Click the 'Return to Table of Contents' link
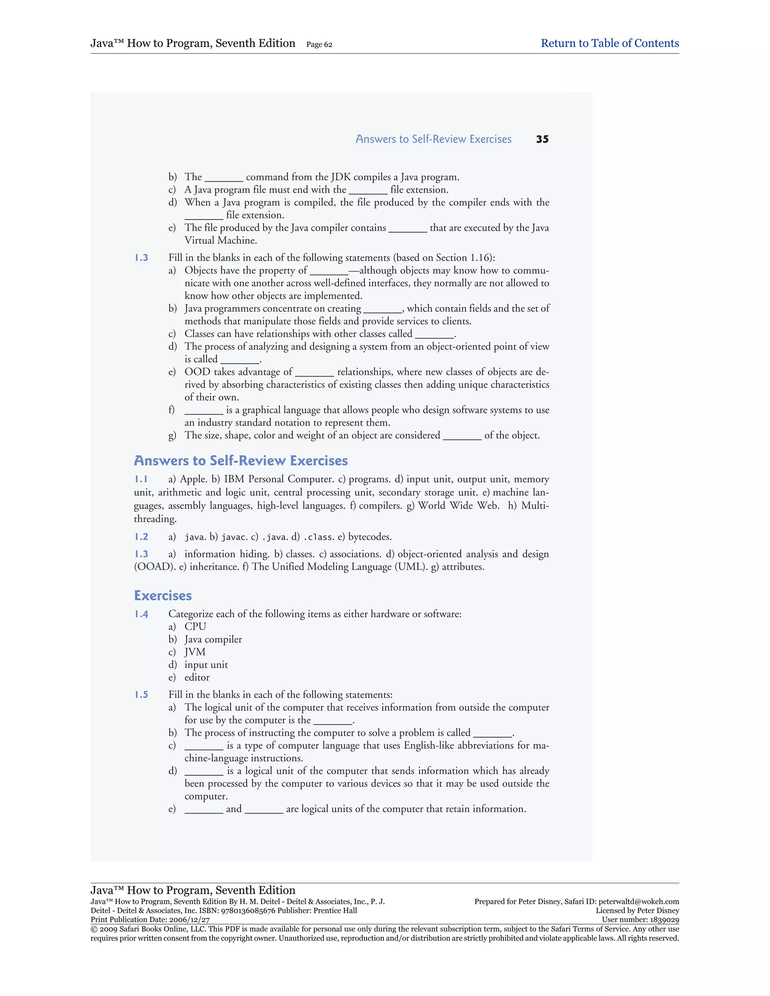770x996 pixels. [x=609, y=43]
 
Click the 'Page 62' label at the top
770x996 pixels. [x=319, y=45]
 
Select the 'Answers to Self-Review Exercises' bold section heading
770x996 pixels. [x=241, y=461]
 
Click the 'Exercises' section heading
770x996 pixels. [x=163, y=596]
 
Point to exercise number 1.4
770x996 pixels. [x=141, y=614]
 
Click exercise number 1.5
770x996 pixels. [x=141, y=695]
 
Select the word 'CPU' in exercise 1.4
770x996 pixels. [x=195, y=627]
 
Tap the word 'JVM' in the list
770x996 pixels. [x=195, y=652]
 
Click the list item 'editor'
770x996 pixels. [x=197, y=678]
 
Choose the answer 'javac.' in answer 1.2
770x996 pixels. [x=235, y=537]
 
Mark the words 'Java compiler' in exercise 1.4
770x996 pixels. [x=213, y=639]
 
